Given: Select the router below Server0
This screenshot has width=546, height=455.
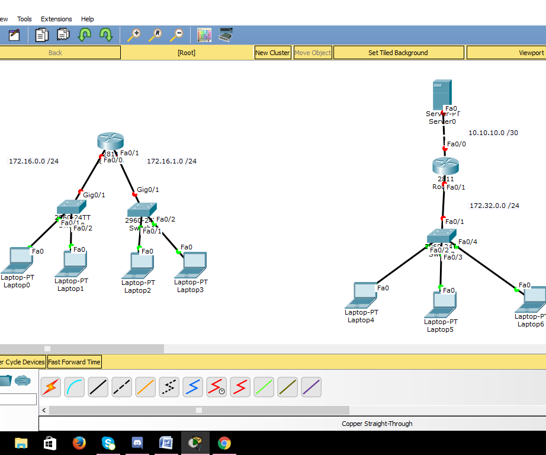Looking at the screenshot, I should coord(445,166).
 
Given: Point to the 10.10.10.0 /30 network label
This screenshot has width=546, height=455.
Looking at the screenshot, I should coord(493,133).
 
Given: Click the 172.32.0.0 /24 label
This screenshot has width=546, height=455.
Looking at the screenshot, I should coord(494,206).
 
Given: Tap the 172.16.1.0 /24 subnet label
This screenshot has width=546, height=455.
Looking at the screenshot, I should coord(172,161).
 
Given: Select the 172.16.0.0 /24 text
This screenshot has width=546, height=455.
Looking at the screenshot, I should coord(34,161).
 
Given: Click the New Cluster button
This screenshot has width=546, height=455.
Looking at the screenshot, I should coord(272,53).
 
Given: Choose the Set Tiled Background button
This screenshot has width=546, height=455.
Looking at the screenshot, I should coord(398,53).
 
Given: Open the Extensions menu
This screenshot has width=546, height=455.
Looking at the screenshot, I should coord(56,19).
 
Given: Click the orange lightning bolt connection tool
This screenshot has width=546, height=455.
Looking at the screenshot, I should coord(51,387).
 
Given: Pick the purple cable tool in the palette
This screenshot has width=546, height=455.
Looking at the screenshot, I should coord(311,387).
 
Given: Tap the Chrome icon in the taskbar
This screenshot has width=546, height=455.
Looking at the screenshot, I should coord(224,443).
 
